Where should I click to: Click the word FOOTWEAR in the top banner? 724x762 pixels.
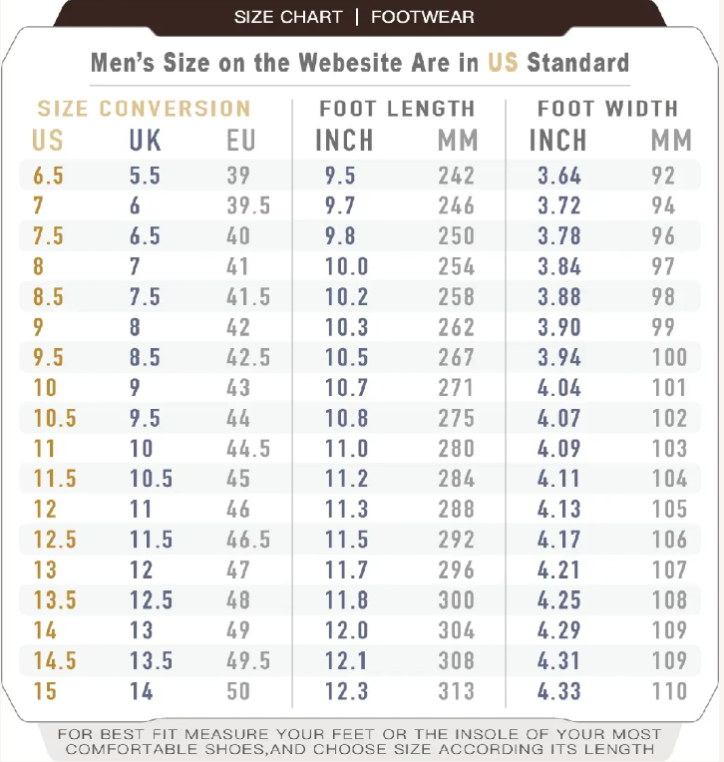pyautogui.click(x=422, y=17)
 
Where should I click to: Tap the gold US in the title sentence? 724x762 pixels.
pyautogui.click(x=503, y=62)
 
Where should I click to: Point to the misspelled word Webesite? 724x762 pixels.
pyautogui.click(x=357, y=62)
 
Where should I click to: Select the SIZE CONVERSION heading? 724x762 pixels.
pyautogui.click(x=144, y=109)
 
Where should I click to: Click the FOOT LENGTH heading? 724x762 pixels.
pyautogui.click(x=397, y=109)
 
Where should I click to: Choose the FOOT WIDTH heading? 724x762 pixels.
pyautogui.click(x=607, y=109)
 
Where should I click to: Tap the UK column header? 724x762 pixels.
pyautogui.click(x=146, y=141)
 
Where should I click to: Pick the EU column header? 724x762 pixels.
pyautogui.click(x=241, y=141)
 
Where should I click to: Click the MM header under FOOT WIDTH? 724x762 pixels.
pyautogui.click(x=671, y=141)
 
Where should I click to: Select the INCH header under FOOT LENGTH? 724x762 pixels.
pyautogui.click(x=344, y=141)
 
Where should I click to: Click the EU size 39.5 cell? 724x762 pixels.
pyautogui.click(x=248, y=206)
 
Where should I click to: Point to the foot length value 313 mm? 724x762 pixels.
pyautogui.click(x=456, y=691)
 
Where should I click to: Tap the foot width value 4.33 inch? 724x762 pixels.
pyautogui.click(x=558, y=691)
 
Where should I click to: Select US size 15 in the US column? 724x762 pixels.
pyautogui.click(x=45, y=691)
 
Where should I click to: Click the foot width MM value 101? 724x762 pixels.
pyautogui.click(x=669, y=388)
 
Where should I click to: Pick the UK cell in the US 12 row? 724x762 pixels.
pyautogui.click(x=141, y=510)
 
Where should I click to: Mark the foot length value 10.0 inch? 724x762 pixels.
pyautogui.click(x=346, y=266)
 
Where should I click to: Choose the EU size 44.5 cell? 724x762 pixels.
pyautogui.click(x=248, y=449)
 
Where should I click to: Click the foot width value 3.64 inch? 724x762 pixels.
pyautogui.click(x=558, y=176)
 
